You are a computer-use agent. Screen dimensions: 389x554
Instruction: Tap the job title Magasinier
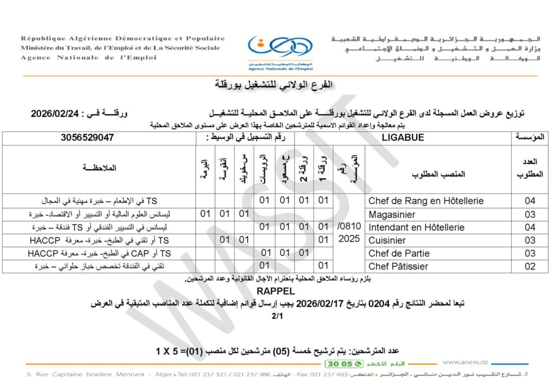[x=388, y=214]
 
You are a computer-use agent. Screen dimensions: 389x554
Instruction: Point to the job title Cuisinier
[x=387, y=240]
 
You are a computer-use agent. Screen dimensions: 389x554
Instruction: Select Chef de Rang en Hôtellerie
[x=426, y=201]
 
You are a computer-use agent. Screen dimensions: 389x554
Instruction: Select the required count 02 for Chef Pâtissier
[x=530, y=266]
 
